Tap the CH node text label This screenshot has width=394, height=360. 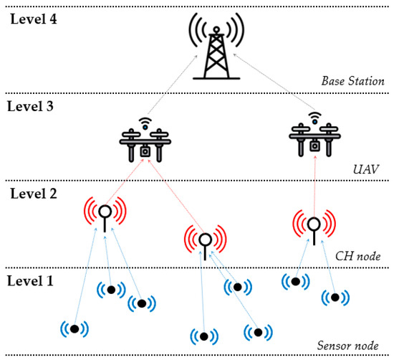coord(358,255)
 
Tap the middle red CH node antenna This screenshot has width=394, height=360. coord(205,240)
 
